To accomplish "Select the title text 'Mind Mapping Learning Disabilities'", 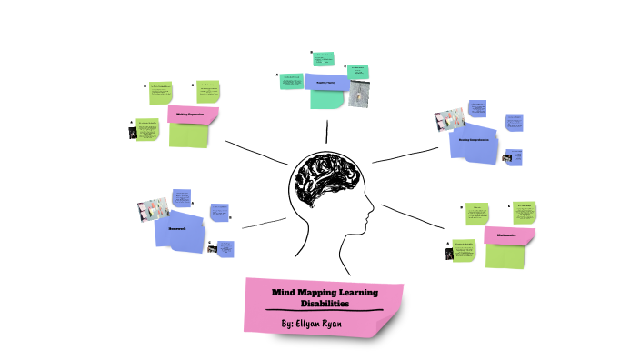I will [324, 297].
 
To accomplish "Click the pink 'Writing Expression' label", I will [193, 115].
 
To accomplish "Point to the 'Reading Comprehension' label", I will [474, 141].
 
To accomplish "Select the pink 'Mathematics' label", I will [507, 235].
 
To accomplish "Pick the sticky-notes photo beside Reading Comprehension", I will [450, 118].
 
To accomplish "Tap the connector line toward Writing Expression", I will [255, 152].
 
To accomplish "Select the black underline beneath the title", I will [324, 312].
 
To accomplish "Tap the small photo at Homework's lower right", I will [212, 248].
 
